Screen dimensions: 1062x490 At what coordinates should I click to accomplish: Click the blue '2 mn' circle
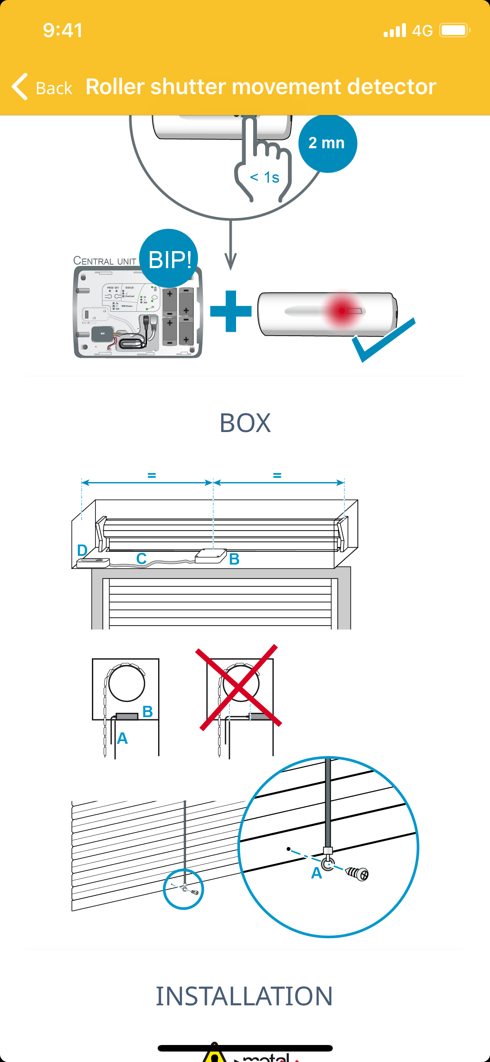tap(327, 143)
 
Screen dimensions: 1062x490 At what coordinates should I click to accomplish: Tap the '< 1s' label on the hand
tap(264, 177)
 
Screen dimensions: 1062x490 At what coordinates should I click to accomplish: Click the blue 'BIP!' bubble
tap(169, 259)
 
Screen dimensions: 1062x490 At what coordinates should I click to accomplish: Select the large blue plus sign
tap(231, 311)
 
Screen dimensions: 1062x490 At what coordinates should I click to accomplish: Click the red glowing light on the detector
tap(342, 310)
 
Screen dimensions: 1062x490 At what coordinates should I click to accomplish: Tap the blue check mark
tap(383, 340)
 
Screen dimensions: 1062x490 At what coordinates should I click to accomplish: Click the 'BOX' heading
tap(245, 423)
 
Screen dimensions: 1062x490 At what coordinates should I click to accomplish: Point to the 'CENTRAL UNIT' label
tap(105, 261)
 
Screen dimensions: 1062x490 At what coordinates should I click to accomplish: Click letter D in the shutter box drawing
tap(82, 550)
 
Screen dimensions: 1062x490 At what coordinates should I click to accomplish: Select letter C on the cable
tap(141, 558)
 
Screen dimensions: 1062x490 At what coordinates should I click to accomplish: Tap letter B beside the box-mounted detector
tap(234, 559)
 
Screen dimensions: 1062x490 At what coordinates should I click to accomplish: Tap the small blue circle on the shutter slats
tap(183, 889)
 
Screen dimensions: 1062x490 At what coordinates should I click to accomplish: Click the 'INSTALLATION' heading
tap(244, 996)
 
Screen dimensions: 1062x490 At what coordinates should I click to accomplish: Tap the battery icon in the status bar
tap(454, 31)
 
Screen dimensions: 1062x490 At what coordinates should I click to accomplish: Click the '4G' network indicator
tap(422, 31)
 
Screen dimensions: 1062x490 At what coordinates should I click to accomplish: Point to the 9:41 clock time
tap(63, 31)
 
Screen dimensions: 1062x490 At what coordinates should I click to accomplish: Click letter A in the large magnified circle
tap(317, 873)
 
